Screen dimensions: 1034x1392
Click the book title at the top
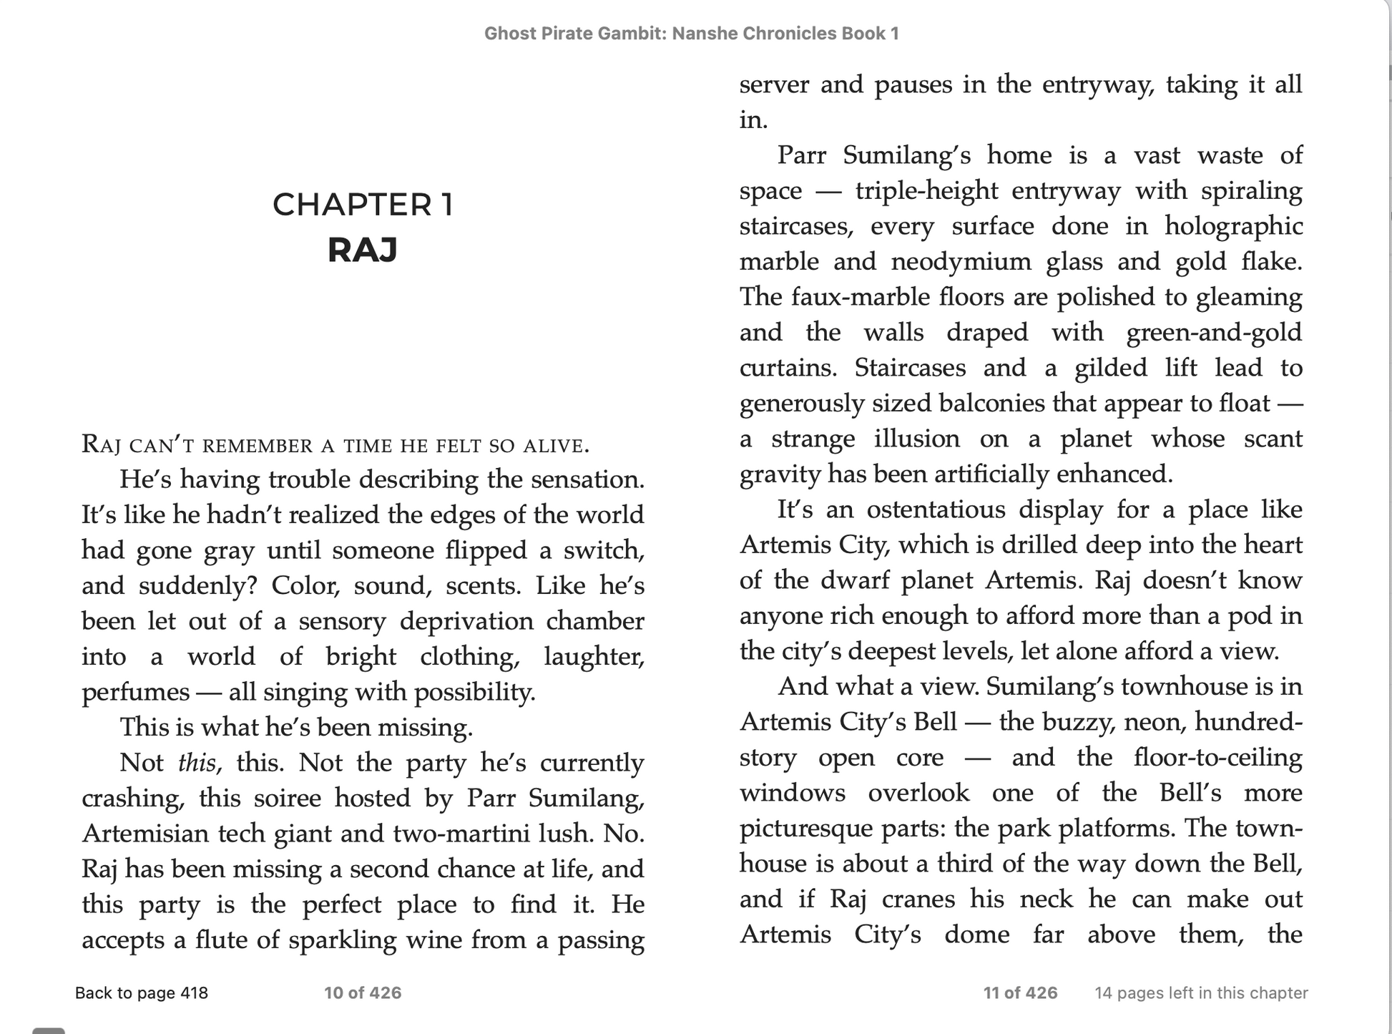[x=691, y=34]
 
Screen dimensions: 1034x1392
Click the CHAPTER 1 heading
[x=363, y=205]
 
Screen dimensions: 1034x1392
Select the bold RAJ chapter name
[x=363, y=250]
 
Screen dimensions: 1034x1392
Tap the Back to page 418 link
[x=142, y=992]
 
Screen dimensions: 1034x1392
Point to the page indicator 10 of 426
[x=363, y=992]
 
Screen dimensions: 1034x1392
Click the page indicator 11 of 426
[x=1020, y=992]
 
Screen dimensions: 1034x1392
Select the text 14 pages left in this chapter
[x=1201, y=992]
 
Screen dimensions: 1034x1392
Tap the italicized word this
[x=197, y=763]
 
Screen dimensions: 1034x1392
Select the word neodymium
[x=961, y=262]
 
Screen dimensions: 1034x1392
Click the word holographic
[x=1233, y=226]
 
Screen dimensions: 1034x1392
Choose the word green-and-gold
[x=1214, y=333]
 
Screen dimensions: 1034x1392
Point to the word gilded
[x=1110, y=368]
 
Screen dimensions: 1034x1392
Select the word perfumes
[x=135, y=693]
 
